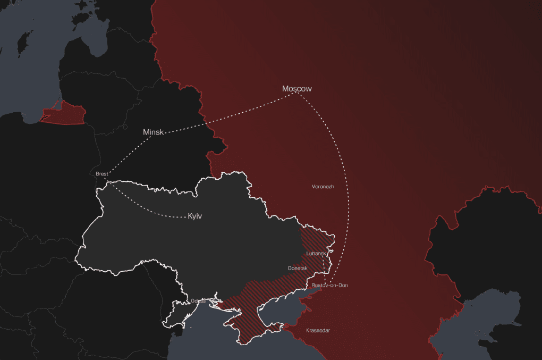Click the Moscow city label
297,89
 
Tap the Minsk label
154,132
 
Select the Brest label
102,174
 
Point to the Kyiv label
196,216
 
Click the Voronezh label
323,187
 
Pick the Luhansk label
316,254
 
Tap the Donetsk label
298,269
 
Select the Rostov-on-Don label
330,286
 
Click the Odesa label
198,301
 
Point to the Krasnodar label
318,331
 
